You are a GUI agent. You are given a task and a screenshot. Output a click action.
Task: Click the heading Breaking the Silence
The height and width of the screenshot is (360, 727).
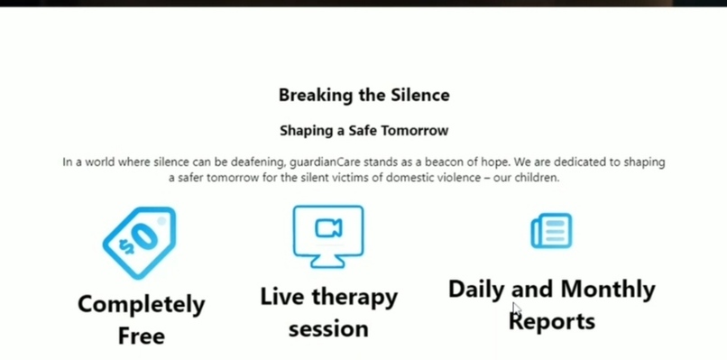[363, 95]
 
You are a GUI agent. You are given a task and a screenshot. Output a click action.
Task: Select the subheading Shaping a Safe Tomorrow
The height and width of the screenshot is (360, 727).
[363, 131]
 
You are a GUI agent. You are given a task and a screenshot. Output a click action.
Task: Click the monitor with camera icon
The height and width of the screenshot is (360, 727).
[328, 235]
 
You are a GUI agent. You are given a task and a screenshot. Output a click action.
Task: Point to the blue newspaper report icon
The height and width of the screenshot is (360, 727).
[551, 231]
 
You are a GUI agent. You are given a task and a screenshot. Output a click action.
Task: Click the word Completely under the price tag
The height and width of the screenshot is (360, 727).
[141, 304]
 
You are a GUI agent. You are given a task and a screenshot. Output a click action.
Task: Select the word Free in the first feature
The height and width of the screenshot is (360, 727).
[141, 337]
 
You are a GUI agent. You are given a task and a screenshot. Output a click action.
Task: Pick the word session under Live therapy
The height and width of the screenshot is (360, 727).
[328, 328]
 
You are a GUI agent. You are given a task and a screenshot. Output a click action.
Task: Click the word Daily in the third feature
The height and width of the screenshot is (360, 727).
[477, 289]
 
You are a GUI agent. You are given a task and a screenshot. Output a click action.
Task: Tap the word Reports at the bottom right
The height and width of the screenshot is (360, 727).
[553, 321]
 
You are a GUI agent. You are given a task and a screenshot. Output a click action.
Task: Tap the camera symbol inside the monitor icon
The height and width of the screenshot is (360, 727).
[328, 229]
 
